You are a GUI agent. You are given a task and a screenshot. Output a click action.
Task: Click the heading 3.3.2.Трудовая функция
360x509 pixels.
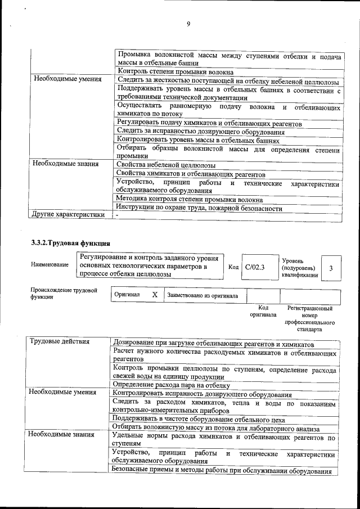70,243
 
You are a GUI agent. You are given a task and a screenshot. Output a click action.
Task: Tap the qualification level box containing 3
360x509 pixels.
331,268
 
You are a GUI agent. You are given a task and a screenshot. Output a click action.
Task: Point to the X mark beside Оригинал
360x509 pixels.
155,295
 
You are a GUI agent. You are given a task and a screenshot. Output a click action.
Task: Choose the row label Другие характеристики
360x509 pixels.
68,214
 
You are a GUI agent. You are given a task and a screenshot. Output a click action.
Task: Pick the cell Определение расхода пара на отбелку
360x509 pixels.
172,385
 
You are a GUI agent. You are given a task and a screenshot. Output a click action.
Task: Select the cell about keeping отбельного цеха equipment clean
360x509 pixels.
199,419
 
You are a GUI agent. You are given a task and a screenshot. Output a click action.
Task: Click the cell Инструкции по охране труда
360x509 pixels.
199,208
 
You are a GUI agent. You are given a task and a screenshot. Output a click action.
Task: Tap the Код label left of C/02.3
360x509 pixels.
234,268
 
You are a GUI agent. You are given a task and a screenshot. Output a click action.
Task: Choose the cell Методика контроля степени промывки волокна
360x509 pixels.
189,199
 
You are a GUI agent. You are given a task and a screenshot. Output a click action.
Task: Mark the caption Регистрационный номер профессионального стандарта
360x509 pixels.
310,319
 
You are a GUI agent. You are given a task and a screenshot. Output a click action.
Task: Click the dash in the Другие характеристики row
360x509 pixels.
117,215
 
